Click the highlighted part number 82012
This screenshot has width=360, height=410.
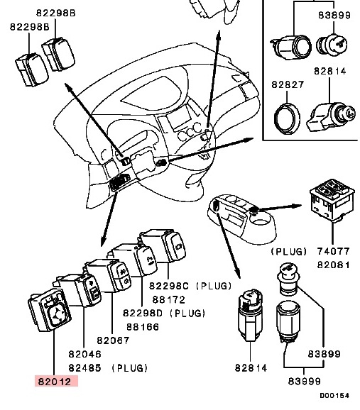(55, 382)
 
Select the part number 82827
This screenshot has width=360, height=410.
(288, 84)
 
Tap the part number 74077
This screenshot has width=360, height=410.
(333, 251)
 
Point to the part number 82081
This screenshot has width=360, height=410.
(333, 265)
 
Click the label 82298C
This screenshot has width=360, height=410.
(169, 286)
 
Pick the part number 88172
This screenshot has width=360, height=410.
(169, 299)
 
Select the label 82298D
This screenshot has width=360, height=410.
(143, 313)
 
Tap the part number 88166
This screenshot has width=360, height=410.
(143, 327)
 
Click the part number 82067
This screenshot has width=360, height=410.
(113, 340)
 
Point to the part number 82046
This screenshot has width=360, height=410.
(84, 354)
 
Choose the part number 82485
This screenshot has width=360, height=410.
(84, 368)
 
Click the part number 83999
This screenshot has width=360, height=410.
(304, 381)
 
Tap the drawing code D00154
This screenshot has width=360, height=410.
(334, 395)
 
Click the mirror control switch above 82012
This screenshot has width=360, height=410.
(50, 310)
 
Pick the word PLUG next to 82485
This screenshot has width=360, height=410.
(130, 368)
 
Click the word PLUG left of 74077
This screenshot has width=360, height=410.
(288, 251)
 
